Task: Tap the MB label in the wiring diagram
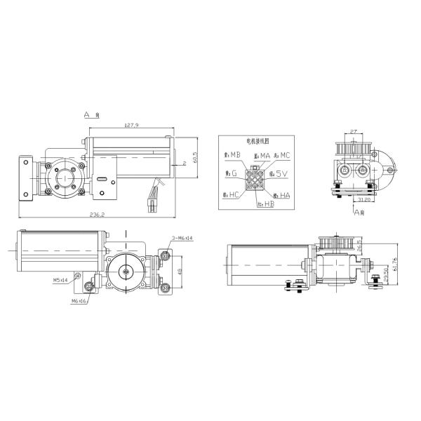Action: [x=234, y=154]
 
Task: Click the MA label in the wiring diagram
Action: [x=261, y=154]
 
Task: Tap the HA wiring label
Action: [x=282, y=194]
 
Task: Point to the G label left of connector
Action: [x=232, y=173]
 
